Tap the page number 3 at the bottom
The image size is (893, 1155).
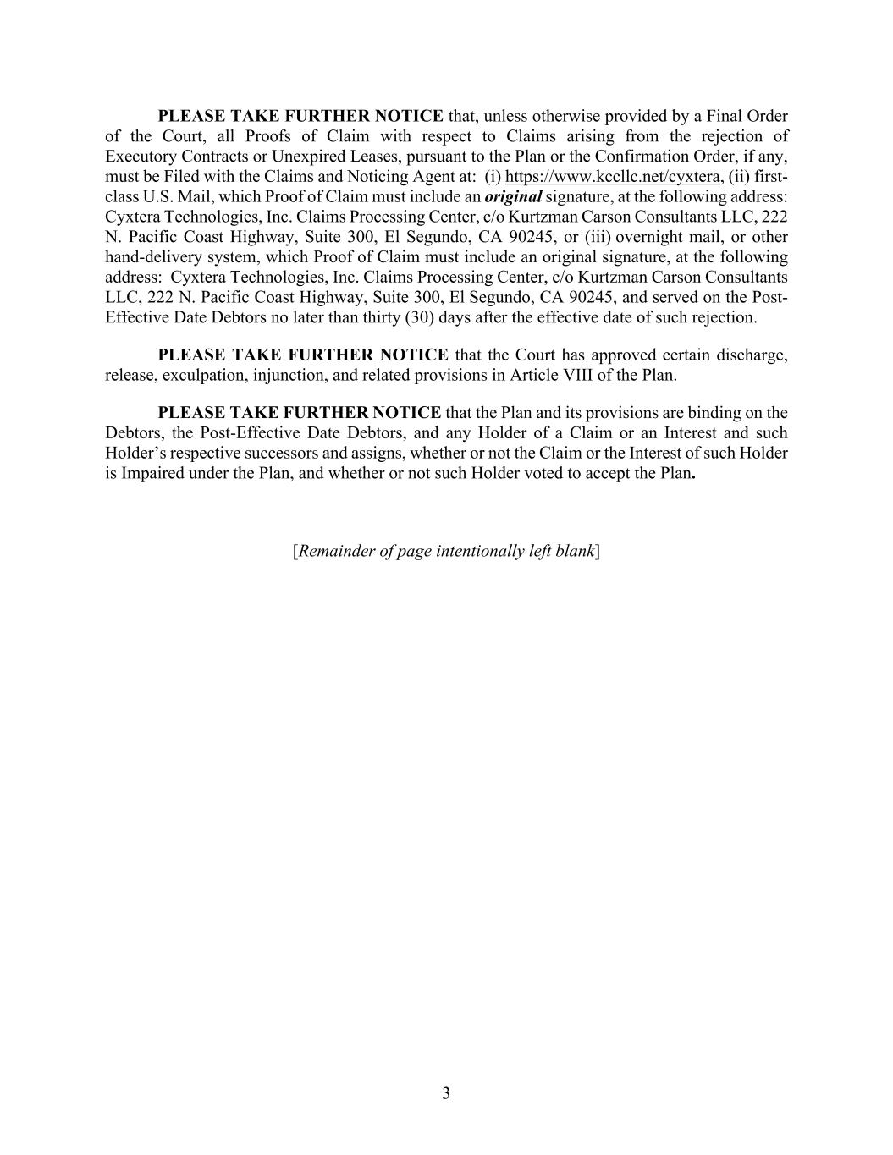pyautogui.click(x=446, y=1093)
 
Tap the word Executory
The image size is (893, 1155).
pyautogui.click(x=138, y=157)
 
